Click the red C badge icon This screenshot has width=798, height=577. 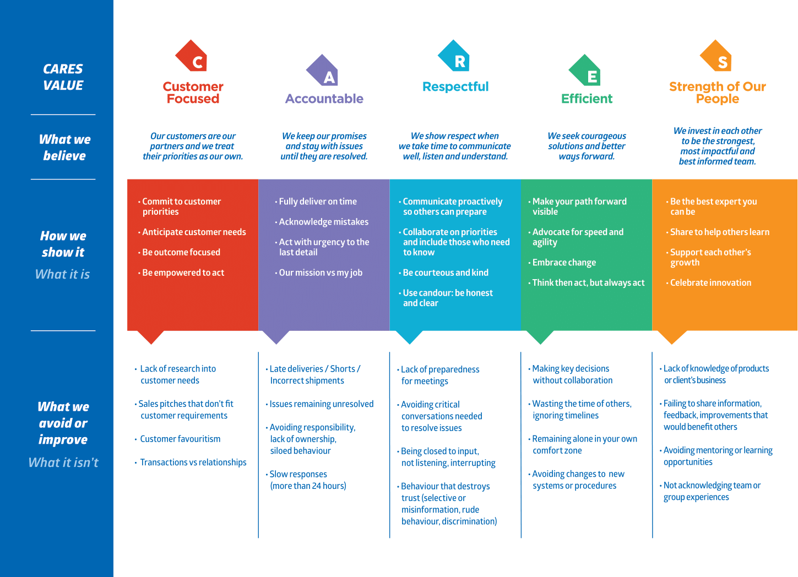coord(192,56)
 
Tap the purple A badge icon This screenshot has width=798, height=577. coord(322,70)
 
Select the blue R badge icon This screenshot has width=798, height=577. coord(454,56)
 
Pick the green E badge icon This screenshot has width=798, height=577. coord(585,70)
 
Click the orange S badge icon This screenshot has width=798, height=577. coord(716,56)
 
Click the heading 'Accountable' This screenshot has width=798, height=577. coord(324,99)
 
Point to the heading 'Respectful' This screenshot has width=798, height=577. coord(455,86)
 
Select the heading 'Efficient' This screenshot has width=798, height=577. coord(587,99)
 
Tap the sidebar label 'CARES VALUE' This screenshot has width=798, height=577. coord(63,77)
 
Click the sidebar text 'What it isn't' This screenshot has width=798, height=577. coord(63,462)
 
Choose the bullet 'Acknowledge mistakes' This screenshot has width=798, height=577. coord(322,222)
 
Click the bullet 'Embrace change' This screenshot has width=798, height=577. coord(562,263)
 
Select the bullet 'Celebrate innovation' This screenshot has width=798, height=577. coord(709,283)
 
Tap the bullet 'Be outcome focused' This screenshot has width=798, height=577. coord(179,252)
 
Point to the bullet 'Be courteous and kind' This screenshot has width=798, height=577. coord(443,273)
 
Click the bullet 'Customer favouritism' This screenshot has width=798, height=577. coord(178,439)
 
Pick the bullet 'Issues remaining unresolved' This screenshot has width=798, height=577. coord(319,404)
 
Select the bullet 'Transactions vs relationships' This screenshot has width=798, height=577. coord(191,462)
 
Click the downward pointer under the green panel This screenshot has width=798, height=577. coord(540,338)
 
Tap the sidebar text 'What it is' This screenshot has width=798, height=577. coord(63,274)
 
